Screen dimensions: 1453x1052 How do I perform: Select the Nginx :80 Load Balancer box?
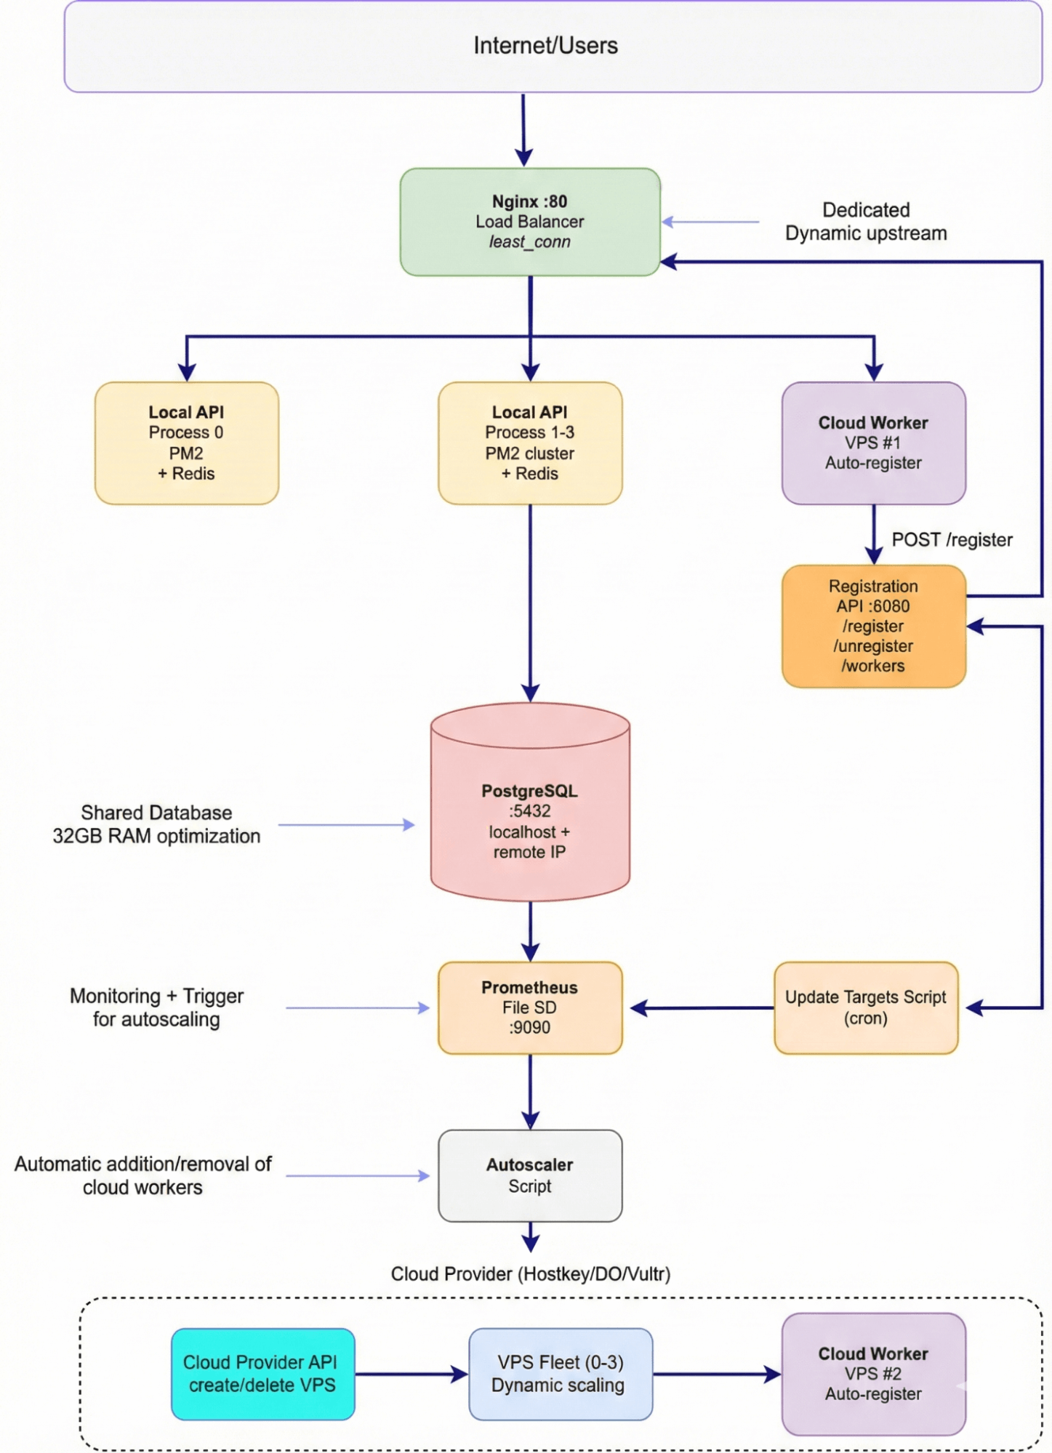(x=530, y=222)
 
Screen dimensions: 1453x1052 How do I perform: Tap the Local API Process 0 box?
(x=187, y=443)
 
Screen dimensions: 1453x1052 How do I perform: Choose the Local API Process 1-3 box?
(x=530, y=443)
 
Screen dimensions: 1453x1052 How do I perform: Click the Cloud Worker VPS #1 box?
(x=873, y=443)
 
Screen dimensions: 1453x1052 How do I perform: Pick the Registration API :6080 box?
(x=873, y=626)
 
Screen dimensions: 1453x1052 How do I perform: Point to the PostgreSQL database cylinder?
(x=530, y=807)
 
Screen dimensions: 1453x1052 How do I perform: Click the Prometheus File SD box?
(x=530, y=1007)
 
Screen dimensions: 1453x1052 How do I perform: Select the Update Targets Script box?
(x=866, y=1007)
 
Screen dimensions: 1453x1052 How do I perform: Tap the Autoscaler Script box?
(x=530, y=1175)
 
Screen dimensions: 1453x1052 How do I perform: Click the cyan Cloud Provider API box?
(x=262, y=1374)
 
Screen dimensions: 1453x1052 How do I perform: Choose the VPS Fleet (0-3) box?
(x=560, y=1374)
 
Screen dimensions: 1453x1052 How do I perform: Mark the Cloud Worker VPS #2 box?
(x=873, y=1374)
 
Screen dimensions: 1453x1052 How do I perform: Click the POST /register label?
(x=952, y=540)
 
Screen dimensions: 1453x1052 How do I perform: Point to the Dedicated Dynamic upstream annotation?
(x=866, y=222)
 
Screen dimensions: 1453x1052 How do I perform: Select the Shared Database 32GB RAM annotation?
(x=156, y=824)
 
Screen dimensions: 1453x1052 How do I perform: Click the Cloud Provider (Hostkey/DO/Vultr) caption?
(x=530, y=1274)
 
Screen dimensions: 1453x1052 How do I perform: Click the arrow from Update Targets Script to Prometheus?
(x=701, y=1008)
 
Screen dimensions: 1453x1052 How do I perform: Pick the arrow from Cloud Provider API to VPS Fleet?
(x=411, y=1374)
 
